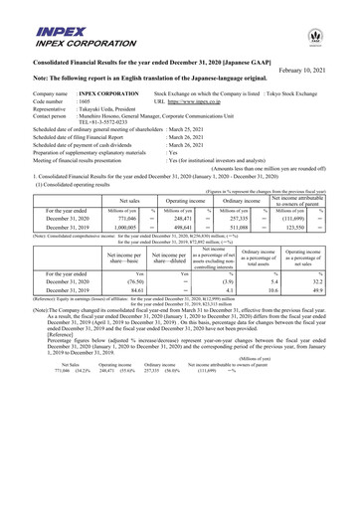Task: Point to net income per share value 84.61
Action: click(x=122, y=348)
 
